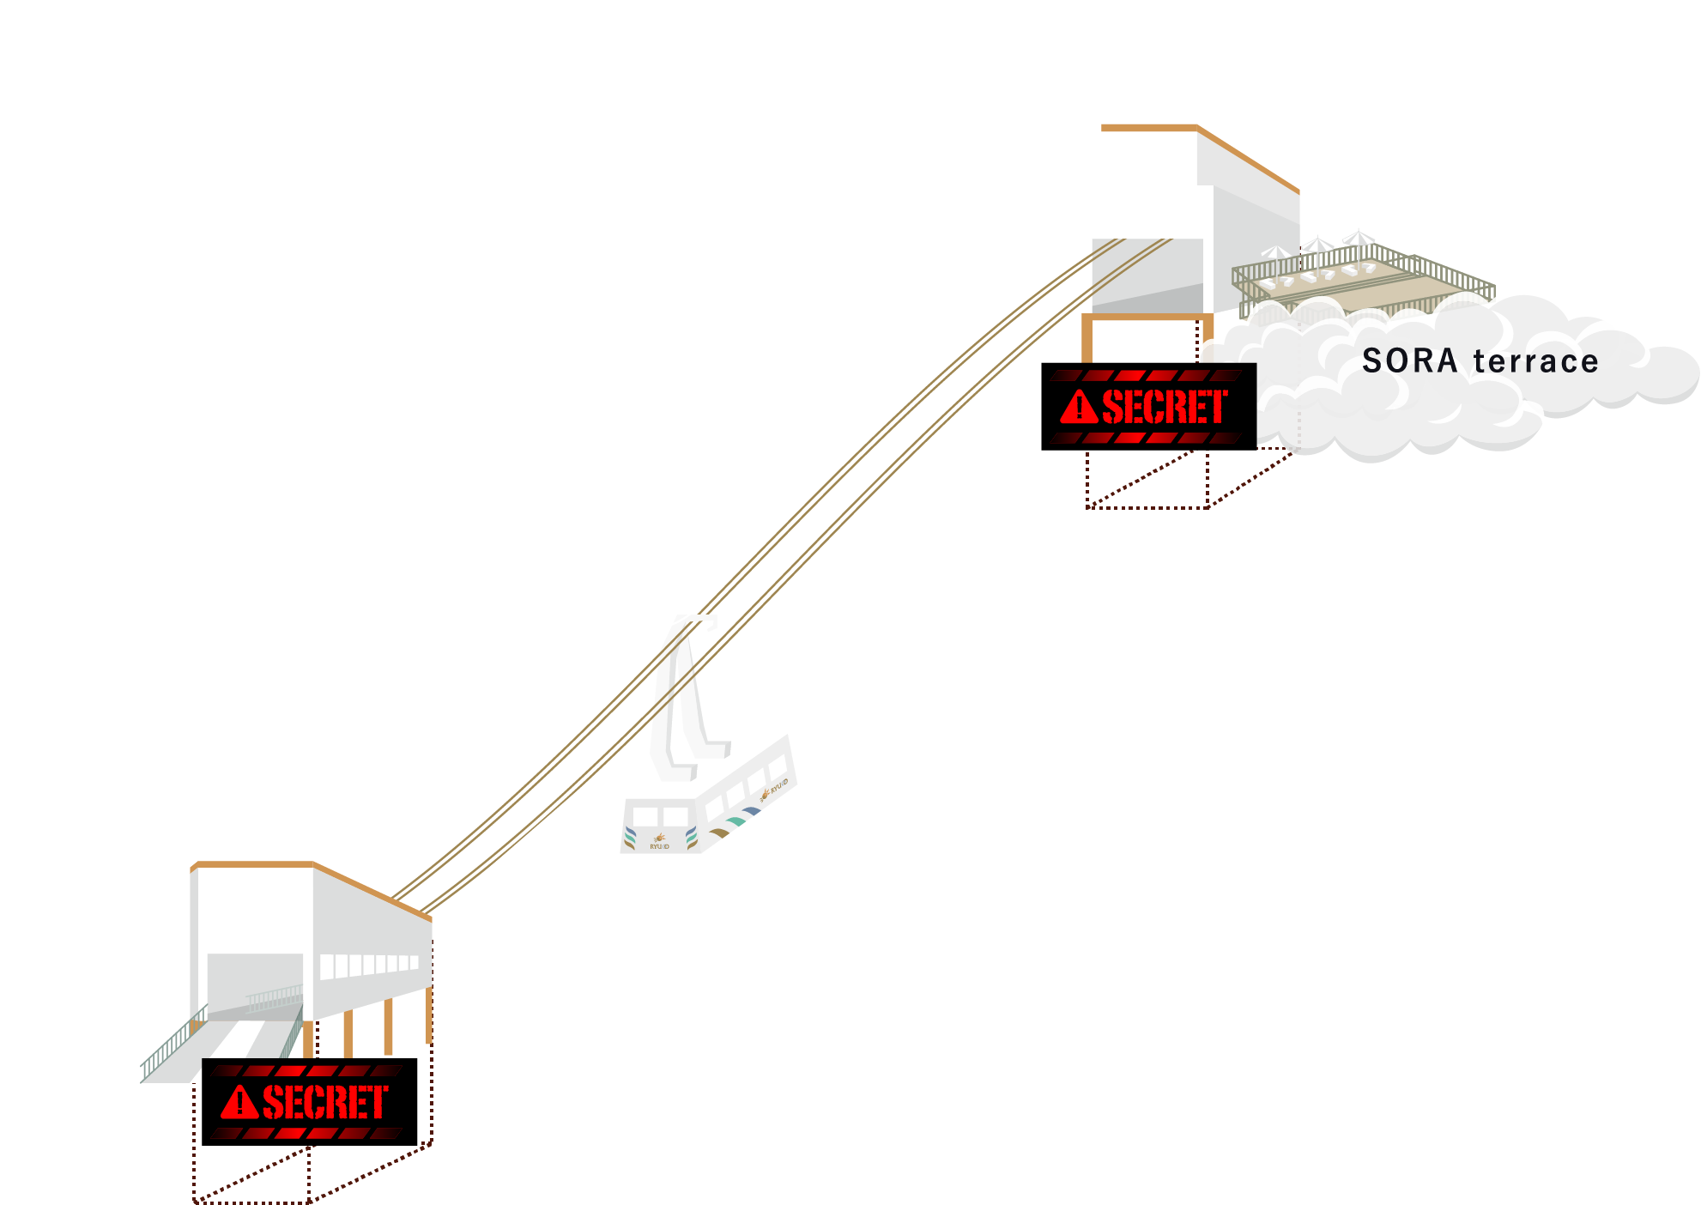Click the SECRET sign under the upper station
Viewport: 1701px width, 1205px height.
1148,407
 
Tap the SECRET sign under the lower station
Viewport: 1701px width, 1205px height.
309,1102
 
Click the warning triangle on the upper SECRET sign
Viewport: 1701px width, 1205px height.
1079,408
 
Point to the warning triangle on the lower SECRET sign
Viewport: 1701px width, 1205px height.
239,1103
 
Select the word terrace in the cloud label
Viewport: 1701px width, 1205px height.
1535,361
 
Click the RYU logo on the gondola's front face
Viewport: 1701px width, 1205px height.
659,840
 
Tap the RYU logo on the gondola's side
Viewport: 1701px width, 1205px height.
775,788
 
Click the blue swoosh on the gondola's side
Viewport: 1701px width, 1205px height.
752,811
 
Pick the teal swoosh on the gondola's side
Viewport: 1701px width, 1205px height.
735,821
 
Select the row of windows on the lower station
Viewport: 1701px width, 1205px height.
369,966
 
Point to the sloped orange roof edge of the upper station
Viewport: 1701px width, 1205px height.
1248,159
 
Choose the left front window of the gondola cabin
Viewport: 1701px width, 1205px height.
645,814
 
